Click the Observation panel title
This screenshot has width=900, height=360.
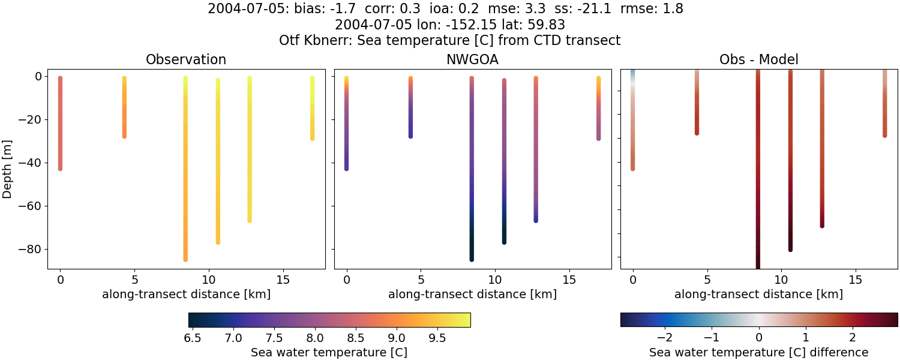[x=186, y=59]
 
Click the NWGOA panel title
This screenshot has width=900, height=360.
[x=472, y=59]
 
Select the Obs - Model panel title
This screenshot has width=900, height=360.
[x=758, y=59]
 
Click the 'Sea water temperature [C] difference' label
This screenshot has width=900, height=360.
[x=759, y=352]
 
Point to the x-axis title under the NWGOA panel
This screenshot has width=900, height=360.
[x=472, y=294]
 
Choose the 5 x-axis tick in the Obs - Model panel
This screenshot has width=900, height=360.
[x=707, y=280]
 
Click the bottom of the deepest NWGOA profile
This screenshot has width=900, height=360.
[x=472, y=259]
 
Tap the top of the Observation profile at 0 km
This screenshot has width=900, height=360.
[x=60, y=78]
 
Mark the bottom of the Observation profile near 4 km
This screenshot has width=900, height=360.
[x=124, y=136]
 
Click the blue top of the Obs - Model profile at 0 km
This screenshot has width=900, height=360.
[x=632, y=73]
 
